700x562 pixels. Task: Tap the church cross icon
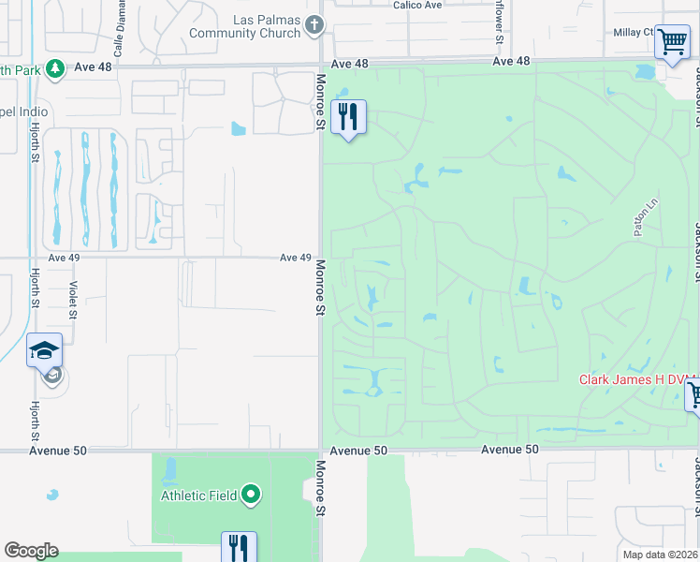point(315,25)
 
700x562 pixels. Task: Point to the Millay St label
point(633,32)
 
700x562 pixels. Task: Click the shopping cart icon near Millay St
point(671,41)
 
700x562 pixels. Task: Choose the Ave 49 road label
point(296,258)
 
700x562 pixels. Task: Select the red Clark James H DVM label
point(637,379)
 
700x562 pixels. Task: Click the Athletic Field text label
point(199,495)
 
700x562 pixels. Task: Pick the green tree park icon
point(55,68)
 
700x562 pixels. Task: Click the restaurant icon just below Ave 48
point(348,116)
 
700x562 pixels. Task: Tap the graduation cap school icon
point(44,351)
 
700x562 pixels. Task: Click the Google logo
point(31,551)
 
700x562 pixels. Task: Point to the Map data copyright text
point(659,554)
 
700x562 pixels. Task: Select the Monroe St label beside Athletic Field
point(320,488)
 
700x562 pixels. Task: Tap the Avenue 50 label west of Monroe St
point(57,451)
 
